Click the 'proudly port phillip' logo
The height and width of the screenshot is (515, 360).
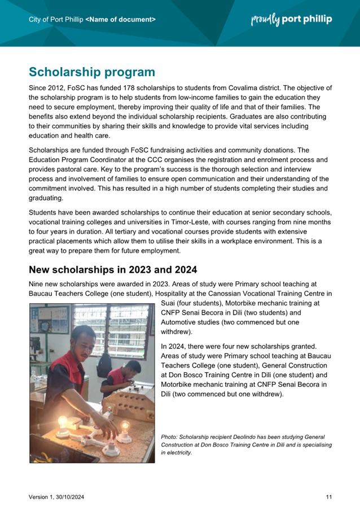(291, 19)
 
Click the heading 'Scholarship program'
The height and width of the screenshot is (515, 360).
(91, 72)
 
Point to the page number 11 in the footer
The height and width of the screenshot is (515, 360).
(328, 497)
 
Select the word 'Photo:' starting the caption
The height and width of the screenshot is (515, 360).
(169, 437)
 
